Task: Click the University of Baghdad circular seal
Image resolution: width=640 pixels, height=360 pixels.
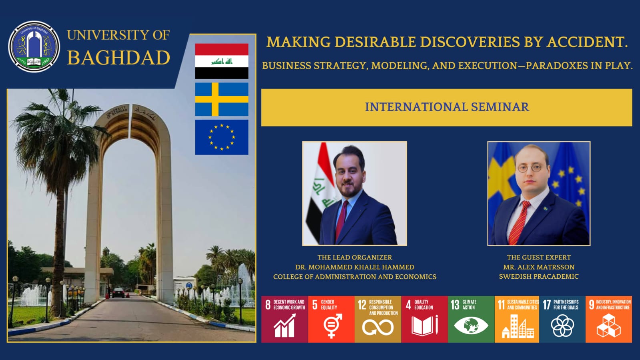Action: [x=34, y=46]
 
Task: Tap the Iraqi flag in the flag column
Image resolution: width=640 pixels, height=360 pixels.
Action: [x=222, y=61]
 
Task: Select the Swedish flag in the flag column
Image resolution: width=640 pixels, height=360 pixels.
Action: [x=222, y=99]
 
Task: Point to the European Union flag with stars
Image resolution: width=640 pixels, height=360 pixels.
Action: [x=222, y=137]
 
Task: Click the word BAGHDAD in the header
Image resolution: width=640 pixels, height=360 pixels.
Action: [x=118, y=58]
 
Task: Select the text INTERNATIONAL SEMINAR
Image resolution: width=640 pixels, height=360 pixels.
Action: [x=447, y=107]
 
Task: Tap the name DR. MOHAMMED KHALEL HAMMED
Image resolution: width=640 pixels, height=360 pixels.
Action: [x=355, y=267]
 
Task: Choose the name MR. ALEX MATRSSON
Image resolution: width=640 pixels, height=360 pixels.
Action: [x=539, y=267]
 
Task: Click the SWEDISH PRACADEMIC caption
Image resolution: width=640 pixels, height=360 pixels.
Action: [x=539, y=276]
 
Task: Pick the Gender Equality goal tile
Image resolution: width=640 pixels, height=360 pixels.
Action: [x=331, y=319]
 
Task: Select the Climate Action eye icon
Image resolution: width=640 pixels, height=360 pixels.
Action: [x=471, y=326]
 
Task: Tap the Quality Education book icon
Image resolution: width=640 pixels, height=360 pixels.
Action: [x=425, y=325]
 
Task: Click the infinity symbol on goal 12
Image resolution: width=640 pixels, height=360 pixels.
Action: [x=378, y=327]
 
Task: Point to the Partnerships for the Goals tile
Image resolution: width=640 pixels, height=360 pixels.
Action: [x=562, y=319]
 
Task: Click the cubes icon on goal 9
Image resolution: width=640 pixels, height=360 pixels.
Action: [x=608, y=326]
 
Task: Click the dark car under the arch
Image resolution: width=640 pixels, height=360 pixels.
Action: [x=118, y=293]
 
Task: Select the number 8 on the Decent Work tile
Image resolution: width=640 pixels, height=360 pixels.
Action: [x=268, y=305]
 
